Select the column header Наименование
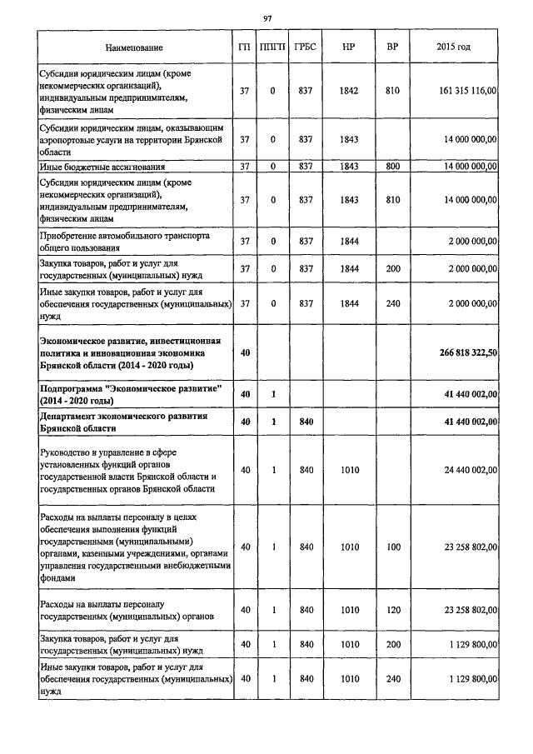pos(134,47)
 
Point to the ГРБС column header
pos(305,47)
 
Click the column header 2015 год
pos(453,47)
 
